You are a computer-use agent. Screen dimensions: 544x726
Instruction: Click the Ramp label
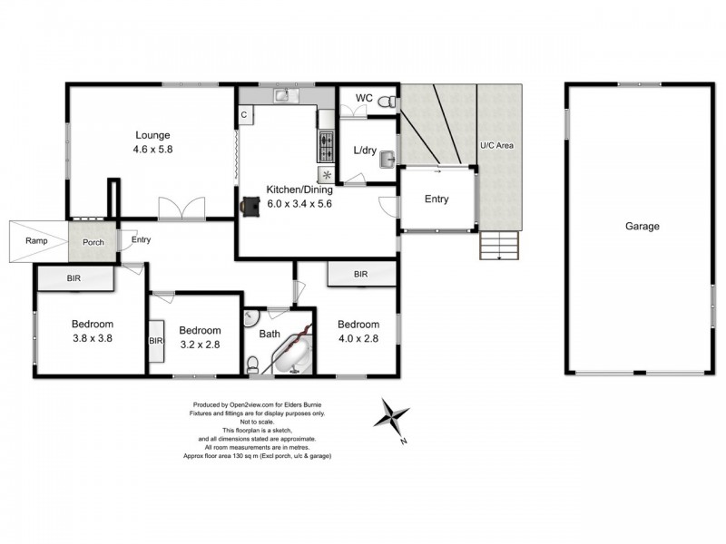pyautogui.click(x=37, y=241)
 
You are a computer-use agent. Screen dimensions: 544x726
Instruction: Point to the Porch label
pyautogui.click(x=93, y=242)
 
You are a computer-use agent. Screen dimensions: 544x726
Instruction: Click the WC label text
pyautogui.click(x=363, y=97)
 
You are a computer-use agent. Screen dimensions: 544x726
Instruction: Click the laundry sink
pyautogui.click(x=386, y=160)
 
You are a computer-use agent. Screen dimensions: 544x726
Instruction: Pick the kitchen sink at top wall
pyautogui.click(x=282, y=93)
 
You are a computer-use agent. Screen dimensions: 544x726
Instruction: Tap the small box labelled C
pyautogui.click(x=244, y=114)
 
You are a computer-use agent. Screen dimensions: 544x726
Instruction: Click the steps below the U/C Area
pyautogui.click(x=498, y=246)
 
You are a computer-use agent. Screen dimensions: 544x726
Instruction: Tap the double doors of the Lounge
pyautogui.click(x=181, y=209)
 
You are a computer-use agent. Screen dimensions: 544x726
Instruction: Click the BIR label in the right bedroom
pyautogui.click(x=361, y=273)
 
